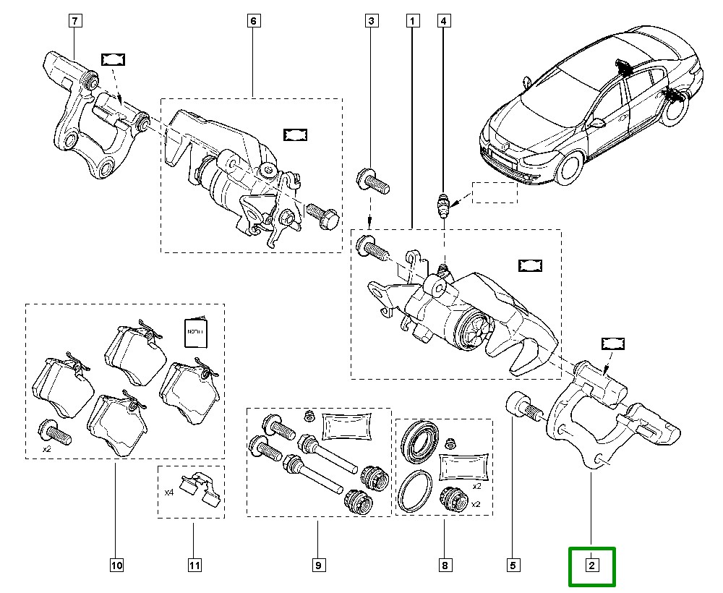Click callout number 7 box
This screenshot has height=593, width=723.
76,21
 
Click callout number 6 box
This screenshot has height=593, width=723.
253,21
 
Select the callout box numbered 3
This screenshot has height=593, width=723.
370,21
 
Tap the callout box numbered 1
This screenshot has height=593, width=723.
412,21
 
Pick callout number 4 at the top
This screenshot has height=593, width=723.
443,21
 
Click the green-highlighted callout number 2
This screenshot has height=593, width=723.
591,566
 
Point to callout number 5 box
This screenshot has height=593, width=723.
513,566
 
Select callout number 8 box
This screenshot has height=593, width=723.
445,566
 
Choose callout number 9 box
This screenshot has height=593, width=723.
317,566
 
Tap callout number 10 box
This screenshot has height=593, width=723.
116,566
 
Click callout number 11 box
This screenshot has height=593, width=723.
194,566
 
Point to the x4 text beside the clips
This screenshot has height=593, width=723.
169,492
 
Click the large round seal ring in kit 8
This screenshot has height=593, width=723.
416,491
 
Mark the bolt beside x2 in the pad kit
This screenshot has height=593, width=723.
54,432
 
